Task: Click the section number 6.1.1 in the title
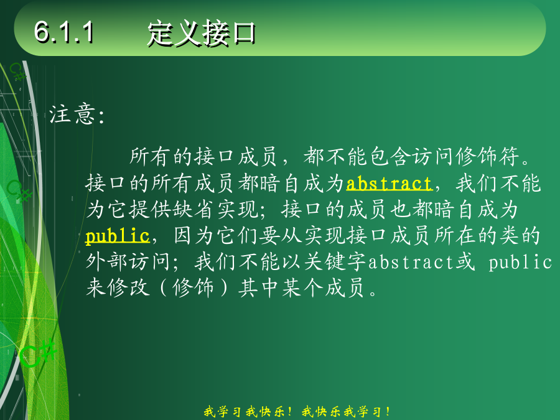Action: point(64,32)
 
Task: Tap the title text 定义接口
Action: point(201,33)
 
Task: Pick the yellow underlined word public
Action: point(118,236)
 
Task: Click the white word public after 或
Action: point(520,262)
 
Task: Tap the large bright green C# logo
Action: point(37,353)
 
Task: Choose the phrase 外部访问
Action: point(128,262)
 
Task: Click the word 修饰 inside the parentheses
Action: point(194,288)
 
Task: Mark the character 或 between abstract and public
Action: point(465,262)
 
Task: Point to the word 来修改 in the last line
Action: point(118,288)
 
